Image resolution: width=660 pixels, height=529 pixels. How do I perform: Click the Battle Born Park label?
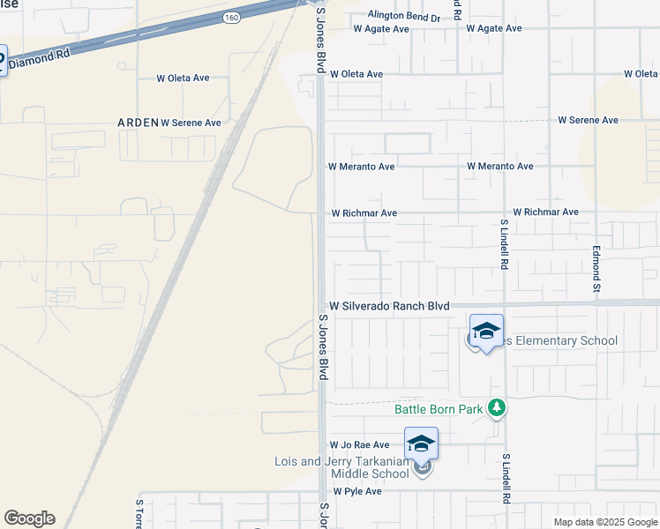click(x=438, y=409)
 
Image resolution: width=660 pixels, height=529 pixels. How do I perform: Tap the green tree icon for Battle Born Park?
click(x=498, y=407)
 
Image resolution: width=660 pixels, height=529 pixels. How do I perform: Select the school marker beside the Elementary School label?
click(x=486, y=332)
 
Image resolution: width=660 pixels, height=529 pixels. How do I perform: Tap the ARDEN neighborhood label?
click(x=138, y=123)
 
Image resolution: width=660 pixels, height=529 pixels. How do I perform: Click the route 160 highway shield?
click(x=231, y=17)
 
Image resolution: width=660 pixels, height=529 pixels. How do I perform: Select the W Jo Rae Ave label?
click(x=359, y=445)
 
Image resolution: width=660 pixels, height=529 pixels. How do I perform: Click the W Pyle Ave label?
click(x=357, y=491)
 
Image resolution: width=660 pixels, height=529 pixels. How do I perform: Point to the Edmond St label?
click(x=596, y=270)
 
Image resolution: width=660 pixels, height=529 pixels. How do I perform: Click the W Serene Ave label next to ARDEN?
click(x=191, y=123)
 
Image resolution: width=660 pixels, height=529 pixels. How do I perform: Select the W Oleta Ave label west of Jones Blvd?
click(x=183, y=78)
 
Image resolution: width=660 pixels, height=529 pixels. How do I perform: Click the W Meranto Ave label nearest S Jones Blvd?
click(x=361, y=166)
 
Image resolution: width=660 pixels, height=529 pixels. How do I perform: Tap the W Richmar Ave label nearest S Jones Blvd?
click(x=364, y=213)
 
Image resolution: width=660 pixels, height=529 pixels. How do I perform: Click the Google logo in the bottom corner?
click(x=29, y=518)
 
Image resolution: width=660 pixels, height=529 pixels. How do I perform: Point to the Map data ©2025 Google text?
click(x=605, y=522)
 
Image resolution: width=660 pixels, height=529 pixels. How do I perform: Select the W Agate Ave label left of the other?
click(x=381, y=29)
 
